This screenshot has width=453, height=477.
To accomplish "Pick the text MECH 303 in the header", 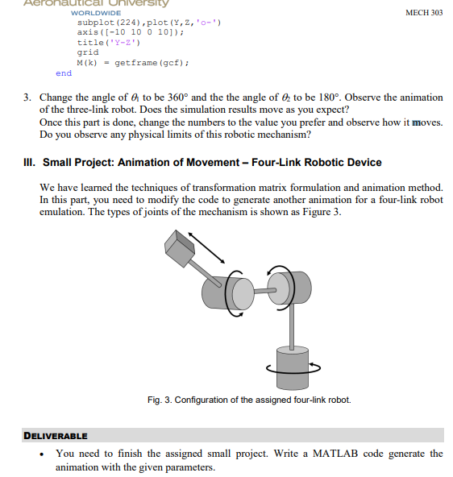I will [423, 13].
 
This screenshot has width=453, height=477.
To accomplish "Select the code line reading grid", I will [88, 52].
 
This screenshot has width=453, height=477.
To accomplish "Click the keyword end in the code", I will [64, 73].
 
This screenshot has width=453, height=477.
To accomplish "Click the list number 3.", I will [27, 97].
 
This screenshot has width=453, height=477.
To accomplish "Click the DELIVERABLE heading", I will [56, 436].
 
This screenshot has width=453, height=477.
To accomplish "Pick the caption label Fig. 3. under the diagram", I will [158, 400].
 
